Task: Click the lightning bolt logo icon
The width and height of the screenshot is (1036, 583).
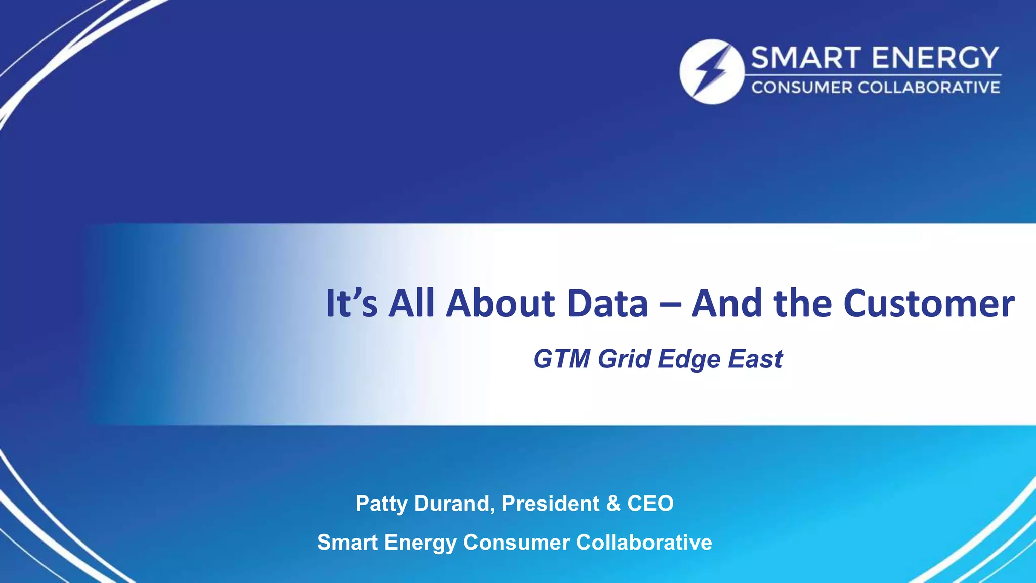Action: tap(712, 71)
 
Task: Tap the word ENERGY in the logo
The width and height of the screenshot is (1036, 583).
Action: tap(935, 58)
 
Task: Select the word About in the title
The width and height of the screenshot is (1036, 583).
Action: tap(500, 304)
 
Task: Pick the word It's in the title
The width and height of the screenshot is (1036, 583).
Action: tap(352, 304)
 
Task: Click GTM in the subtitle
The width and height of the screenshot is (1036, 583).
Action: tap(562, 359)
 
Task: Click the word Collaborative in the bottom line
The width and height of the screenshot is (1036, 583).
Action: tap(644, 543)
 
